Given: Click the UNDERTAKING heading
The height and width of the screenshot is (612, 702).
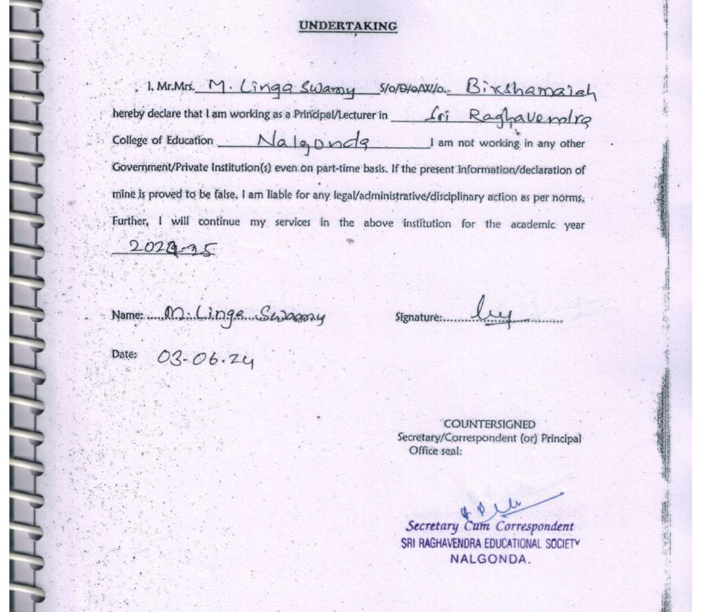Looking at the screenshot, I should pyautogui.click(x=348, y=26).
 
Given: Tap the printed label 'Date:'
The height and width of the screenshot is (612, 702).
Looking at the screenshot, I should pyautogui.click(x=124, y=354).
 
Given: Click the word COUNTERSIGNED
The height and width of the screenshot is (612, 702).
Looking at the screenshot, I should pyautogui.click(x=489, y=424).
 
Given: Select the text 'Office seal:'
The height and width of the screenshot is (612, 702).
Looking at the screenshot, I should pyautogui.click(x=435, y=451).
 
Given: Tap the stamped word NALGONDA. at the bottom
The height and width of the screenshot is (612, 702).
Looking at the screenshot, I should pyautogui.click(x=491, y=559).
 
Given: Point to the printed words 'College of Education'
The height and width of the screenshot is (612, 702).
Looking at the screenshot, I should pyautogui.click(x=162, y=140).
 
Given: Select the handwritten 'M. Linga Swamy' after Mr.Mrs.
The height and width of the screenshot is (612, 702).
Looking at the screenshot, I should pyautogui.click(x=281, y=88).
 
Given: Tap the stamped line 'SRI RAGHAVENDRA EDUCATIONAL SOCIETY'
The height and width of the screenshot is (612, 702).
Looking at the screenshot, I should pyautogui.click(x=490, y=543).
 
